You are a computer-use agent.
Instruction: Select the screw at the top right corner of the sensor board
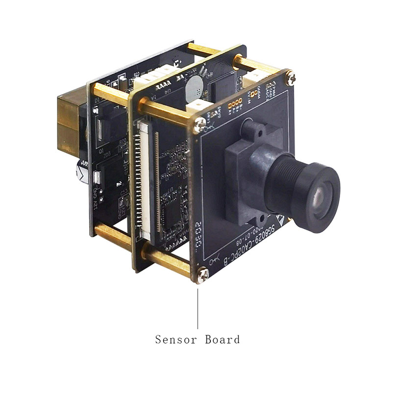click(x=291, y=77)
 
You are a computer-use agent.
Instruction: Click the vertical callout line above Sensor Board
click(x=198, y=309)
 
